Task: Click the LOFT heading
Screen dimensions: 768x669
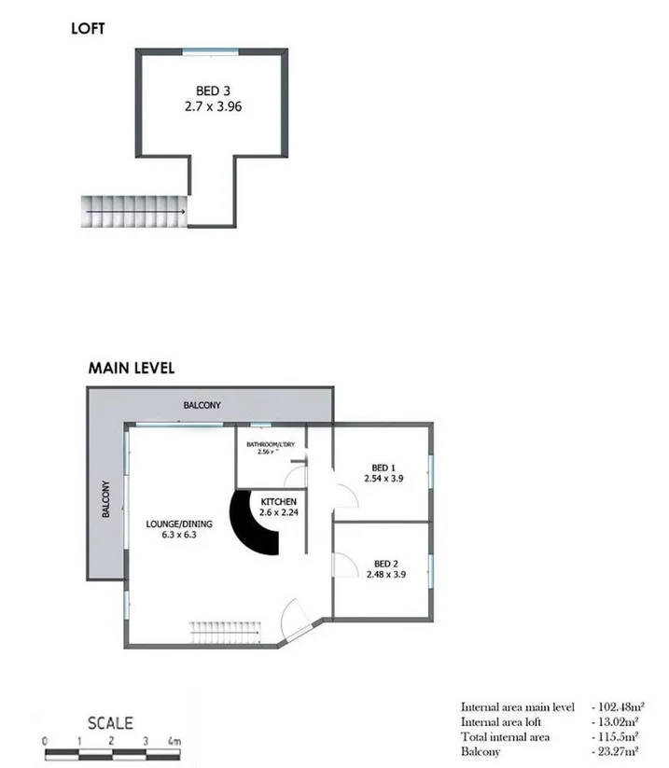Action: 88,29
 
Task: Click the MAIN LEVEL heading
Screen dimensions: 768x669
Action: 131,368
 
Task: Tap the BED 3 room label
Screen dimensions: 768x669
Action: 213,91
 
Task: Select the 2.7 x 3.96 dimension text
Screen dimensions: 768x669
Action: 213,106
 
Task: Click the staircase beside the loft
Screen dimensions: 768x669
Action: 134,210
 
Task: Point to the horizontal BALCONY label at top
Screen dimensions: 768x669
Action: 202,405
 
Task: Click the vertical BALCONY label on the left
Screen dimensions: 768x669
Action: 106,499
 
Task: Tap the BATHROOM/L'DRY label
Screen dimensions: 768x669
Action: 270,444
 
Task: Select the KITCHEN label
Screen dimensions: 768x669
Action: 278,501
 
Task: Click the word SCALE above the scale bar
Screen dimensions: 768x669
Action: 110,722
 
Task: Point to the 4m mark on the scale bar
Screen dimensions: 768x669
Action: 174,741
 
